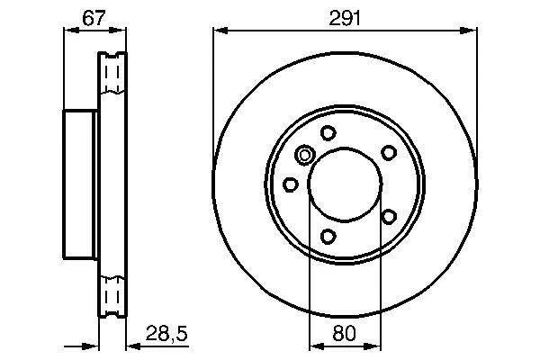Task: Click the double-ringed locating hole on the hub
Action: (305, 157)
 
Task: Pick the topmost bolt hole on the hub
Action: (328, 133)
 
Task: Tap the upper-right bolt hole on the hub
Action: (389, 153)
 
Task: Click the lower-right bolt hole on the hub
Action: (389, 216)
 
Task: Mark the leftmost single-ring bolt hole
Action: (290, 184)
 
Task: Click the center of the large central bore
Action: (345, 185)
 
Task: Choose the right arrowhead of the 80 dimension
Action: (375, 346)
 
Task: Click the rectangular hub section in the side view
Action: (79, 184)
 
